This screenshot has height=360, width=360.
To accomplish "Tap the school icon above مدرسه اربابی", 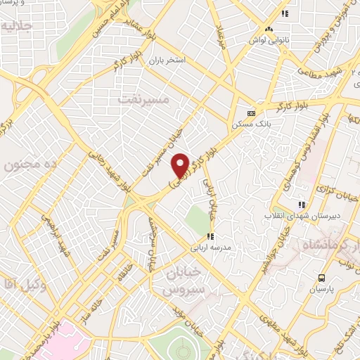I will pos(209,237).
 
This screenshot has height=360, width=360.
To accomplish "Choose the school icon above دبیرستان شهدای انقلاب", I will pos(302,205).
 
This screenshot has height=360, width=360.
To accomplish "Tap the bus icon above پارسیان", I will pos(321,278).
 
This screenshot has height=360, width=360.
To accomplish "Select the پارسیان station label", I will pos(321,290).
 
